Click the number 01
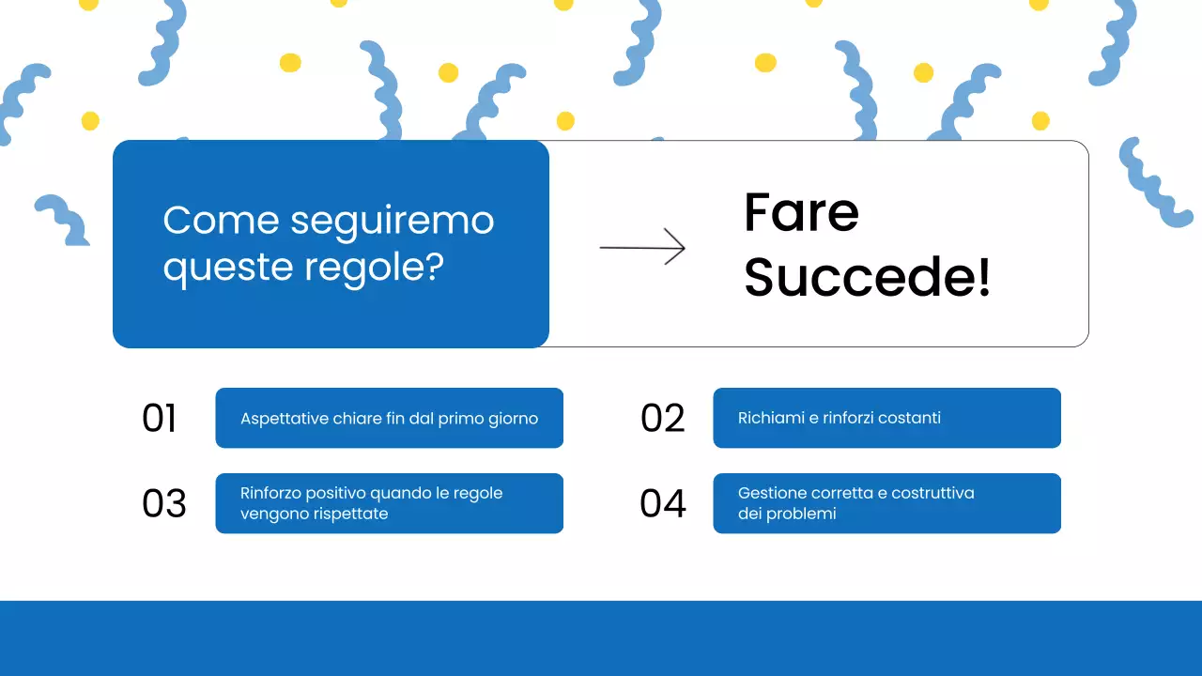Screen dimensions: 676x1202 160,418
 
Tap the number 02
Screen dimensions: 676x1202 662,418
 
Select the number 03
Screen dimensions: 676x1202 164,503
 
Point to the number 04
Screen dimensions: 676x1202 663,503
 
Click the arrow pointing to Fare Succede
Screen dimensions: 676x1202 642,248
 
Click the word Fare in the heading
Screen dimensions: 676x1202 801,213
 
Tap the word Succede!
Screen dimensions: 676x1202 867,279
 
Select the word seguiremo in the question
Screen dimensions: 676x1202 392,221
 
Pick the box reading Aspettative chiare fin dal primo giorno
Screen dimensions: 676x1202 389,418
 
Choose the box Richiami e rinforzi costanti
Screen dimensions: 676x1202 886,418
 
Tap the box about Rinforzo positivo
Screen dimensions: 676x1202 389,503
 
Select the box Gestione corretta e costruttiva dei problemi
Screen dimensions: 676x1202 886,503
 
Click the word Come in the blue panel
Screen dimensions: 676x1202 222,221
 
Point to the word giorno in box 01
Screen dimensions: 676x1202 512,419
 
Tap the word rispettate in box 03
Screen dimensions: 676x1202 351,514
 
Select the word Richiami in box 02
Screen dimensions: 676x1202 770,418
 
